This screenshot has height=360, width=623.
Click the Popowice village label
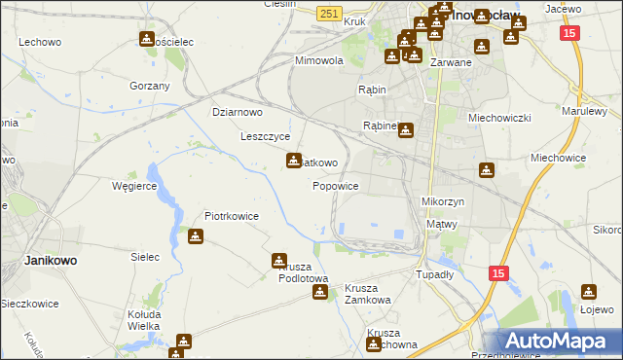pos(336,186)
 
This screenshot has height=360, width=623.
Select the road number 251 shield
pos(329,12)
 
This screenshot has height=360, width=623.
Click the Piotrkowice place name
pos(231,216)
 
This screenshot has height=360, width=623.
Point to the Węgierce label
pos(134,185)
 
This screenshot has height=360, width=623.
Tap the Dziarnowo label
pos(238,112)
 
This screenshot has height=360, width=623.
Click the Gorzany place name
pos(150,86)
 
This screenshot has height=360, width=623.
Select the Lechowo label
pos(40,43)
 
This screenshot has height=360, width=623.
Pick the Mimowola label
pos(320,59)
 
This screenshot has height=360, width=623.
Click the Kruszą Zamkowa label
pos(368,294)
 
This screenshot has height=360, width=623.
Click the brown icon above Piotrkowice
pos(196,236)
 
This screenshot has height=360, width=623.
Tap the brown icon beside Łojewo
pos(589,291)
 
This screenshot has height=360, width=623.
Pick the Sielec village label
pos(145,257)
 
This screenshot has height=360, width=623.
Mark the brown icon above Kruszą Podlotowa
pos(279,261)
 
